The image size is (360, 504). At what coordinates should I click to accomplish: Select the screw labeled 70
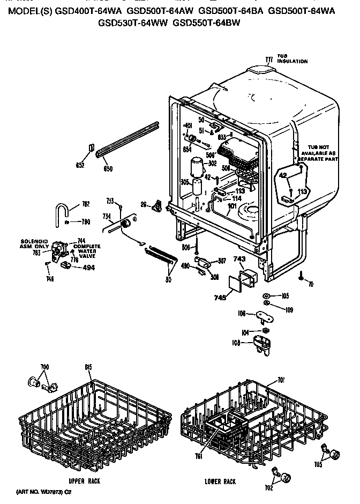[302, 276]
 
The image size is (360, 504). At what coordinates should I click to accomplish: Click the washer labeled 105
[267, 296]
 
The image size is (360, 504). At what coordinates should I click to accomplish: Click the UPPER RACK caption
[85, 481]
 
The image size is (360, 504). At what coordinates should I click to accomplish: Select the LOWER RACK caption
[220, 481]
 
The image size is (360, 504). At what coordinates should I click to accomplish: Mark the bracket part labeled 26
[157, 205]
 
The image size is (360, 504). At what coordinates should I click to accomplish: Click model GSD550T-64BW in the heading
[207, 23]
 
